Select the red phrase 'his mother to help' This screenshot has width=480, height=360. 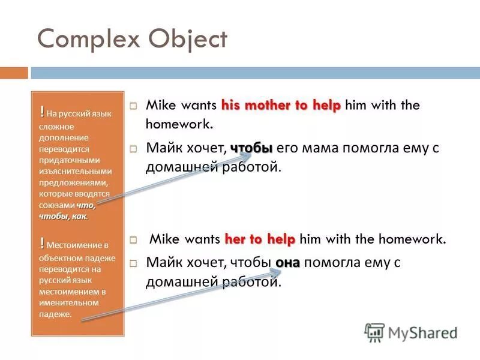(281, 106)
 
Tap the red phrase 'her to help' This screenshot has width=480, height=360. (260, 239)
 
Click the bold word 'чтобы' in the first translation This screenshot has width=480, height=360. (251, 148)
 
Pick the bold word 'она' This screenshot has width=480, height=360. (287, 262)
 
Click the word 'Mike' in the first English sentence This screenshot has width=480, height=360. (160, 106)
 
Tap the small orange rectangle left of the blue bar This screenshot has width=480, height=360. (14, 73)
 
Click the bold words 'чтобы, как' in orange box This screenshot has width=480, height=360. (63, 216)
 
